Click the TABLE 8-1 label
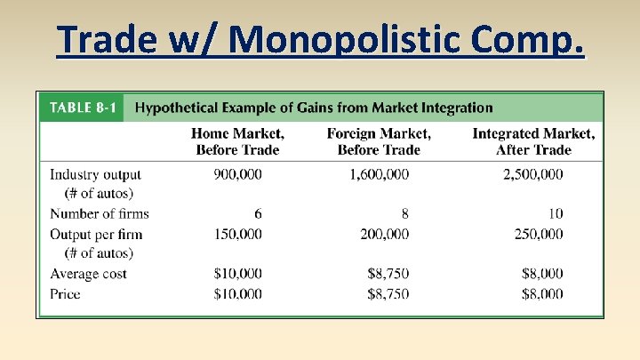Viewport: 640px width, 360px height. point(81,108)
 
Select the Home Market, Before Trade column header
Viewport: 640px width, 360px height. point(237,141)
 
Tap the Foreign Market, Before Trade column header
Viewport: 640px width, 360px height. point(379,141)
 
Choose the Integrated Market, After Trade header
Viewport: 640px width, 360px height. point(533,141)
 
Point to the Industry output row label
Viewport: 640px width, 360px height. point(95,174)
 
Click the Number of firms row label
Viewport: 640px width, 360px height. point(100,213)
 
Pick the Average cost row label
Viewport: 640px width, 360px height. point(88,274)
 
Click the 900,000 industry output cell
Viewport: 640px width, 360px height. point(237,174)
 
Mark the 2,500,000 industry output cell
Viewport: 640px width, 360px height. point(532,174)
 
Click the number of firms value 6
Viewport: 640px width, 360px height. point(257,213)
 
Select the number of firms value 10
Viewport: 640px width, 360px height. point(556,213)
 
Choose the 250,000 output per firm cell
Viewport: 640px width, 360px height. point(538,234)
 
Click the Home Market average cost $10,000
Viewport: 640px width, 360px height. point(237,274)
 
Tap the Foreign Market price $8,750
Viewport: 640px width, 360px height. point(388,293)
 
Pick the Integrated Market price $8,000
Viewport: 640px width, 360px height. point(541,293)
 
